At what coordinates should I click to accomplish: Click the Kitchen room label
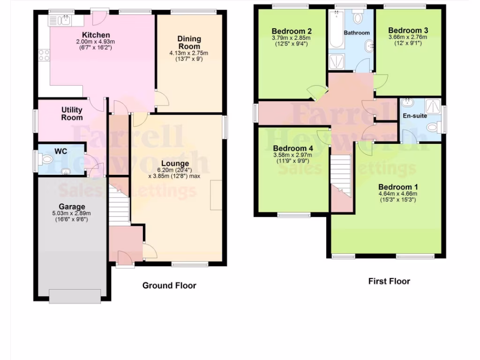(96, 35)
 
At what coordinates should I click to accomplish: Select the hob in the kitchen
(45, 55)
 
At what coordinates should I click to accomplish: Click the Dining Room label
(189, 43)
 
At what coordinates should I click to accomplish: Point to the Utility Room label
(72, 113)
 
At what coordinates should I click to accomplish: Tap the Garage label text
(72, 207)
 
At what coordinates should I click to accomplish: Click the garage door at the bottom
(75, 296)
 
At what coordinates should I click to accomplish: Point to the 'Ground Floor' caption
(169, 285)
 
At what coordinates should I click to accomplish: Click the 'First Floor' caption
(389, 281)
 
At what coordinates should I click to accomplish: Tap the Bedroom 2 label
(292, 31)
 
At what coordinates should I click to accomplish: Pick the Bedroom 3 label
(408, 30)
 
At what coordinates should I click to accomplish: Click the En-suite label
(415, 115)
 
